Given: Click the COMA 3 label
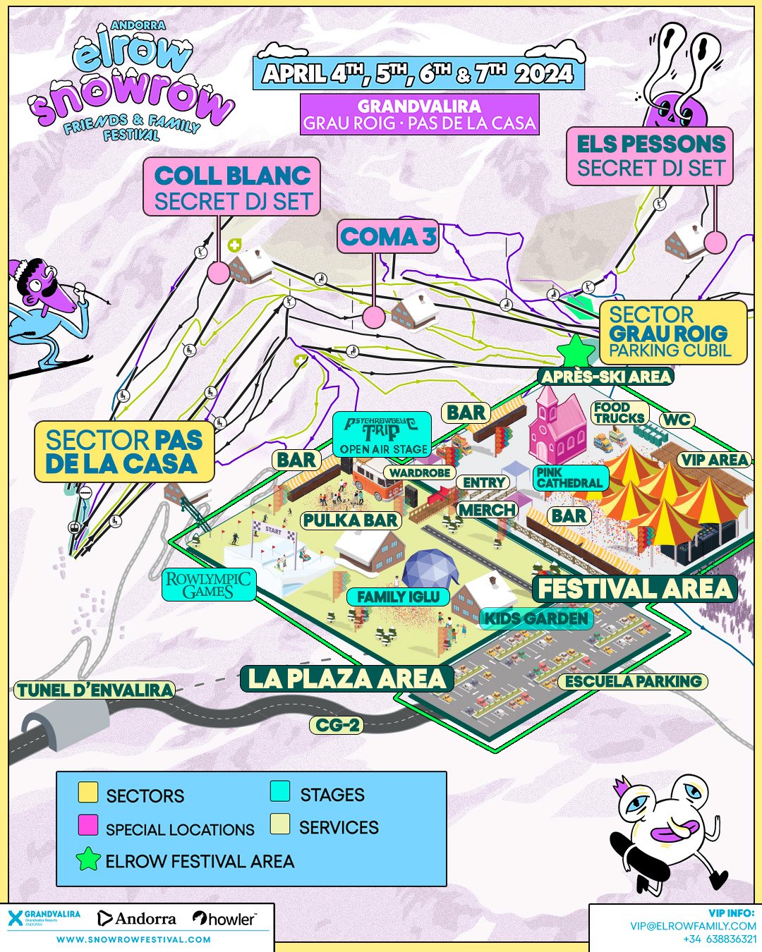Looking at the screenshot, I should coord(388,237).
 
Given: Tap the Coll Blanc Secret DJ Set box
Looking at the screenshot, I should coord(232,187).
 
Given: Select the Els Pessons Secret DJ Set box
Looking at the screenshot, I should coord(650,156).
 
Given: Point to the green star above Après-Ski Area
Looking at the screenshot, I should coord(576,350).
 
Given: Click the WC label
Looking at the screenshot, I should coord(676,420).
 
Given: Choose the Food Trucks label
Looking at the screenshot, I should coord(619,413).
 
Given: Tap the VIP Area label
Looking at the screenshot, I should coord(714,460).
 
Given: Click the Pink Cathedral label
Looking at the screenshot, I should coord(569,477).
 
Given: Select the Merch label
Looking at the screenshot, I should coord(487,509).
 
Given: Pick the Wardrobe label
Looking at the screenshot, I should coord(420,472).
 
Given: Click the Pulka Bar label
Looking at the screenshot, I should coord(351,520).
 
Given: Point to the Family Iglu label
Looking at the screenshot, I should coord(398,597).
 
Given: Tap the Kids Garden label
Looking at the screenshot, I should coord(536,619).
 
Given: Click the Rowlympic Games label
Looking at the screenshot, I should coord(208,585).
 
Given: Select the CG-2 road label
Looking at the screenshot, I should coord(337,725).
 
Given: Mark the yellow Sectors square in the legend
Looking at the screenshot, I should coord(88,793).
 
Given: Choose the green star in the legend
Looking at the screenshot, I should coord(88,859).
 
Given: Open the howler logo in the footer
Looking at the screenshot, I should coord(224,918).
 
